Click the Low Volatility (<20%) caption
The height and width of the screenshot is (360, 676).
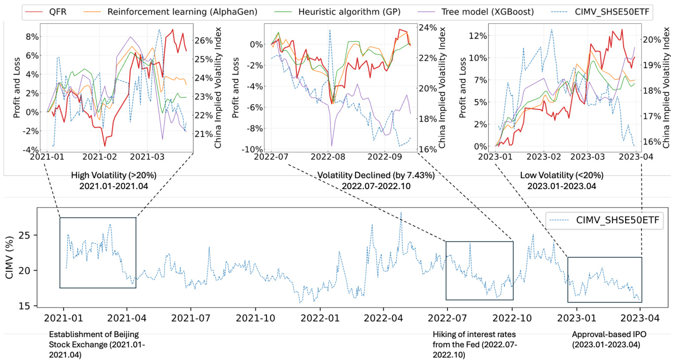[562, 175]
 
